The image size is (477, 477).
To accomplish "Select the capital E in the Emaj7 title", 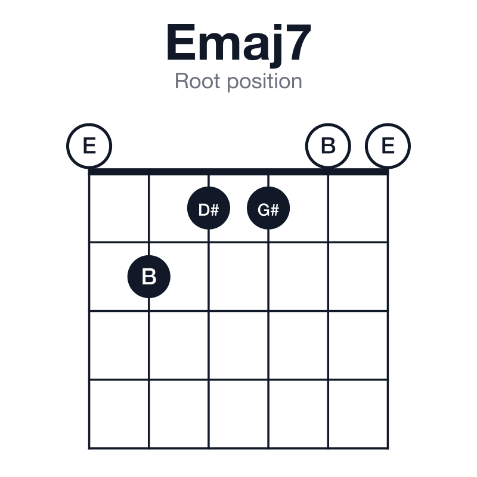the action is pos(181,42).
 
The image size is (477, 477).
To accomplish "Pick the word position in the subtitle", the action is pos(265,82).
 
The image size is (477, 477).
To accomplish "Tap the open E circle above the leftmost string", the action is pos(89,146).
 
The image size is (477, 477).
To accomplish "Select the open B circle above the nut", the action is pos(328,146).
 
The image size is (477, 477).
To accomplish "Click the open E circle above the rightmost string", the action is pos(388,146).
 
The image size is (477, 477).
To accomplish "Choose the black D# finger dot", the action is pos(208,208).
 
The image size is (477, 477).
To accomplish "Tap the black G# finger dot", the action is pos(268,208).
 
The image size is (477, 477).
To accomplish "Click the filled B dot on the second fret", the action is pos(148,277).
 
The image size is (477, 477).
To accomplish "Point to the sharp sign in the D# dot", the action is pos(215,210).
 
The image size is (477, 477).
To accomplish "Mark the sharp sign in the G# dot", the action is pos(274,210).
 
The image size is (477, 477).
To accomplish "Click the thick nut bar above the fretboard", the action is pos(238,172).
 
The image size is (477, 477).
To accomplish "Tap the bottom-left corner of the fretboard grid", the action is pos(89,448).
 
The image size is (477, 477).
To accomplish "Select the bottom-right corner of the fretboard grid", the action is pos(388,448).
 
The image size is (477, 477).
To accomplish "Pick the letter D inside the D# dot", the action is pos(203,210).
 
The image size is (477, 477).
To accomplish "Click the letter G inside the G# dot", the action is pos(263,210).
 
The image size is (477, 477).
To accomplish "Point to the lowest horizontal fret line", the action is pos(238,448).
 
